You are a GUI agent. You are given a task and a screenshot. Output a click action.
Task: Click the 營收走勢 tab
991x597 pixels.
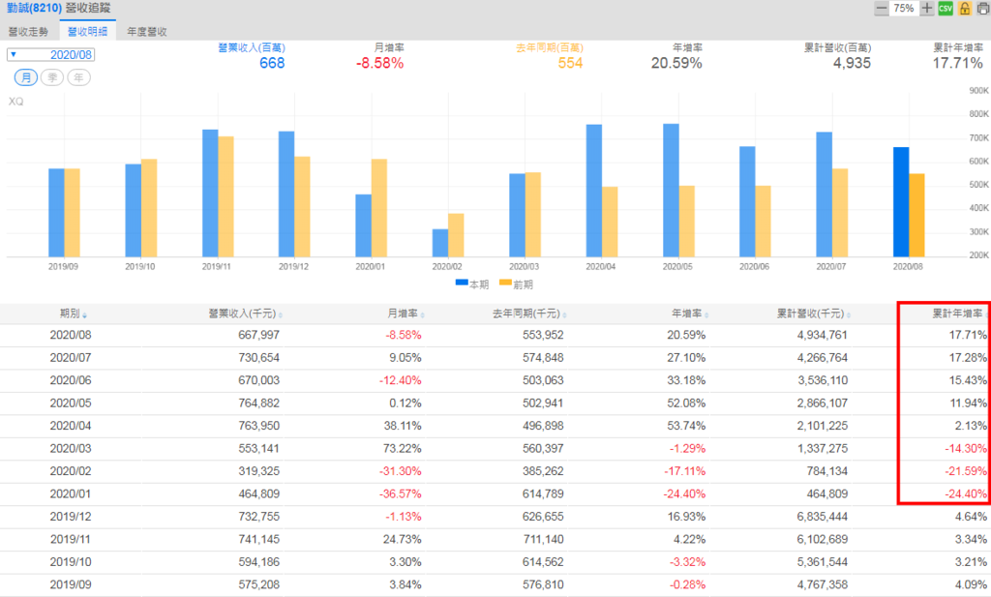coord(29,31)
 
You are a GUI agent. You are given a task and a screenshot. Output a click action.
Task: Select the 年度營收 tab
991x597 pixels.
coord(147,31)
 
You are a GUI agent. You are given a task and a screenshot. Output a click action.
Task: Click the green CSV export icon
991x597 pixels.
coord(946,9)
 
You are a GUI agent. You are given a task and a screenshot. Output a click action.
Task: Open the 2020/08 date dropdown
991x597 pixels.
coord(52,54)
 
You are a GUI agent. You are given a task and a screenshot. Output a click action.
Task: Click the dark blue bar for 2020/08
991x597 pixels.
coord(901,201)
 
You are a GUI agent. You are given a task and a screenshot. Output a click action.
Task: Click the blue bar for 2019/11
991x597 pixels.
coord(210,193)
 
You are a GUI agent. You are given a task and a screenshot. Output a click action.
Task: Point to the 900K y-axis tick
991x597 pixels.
coord(976,91)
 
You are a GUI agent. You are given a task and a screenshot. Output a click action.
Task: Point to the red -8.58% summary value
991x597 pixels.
coord(379,63)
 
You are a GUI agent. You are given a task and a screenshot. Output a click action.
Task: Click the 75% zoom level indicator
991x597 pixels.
coord(904,9)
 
